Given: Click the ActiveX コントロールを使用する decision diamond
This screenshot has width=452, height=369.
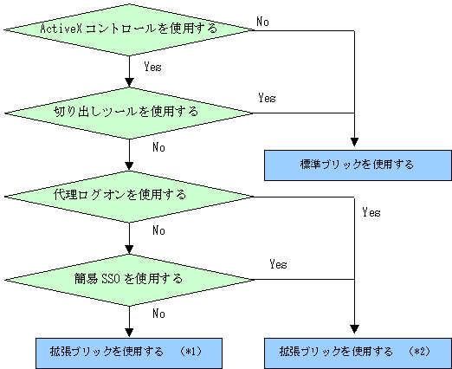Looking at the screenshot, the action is (129, 29).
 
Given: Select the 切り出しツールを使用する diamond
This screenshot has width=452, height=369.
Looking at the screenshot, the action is (129, 113).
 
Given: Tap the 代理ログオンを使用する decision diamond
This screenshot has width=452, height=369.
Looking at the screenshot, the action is (129, 197).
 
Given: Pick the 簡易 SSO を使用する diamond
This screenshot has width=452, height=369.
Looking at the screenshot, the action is (129, 280).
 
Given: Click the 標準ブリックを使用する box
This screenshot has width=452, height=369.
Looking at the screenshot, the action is (358, 165).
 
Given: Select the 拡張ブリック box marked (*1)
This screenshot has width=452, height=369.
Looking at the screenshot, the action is (129, 353).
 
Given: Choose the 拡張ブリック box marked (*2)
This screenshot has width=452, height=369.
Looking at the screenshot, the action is (358, 353).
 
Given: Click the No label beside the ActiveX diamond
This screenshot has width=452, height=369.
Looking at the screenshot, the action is (262, 22).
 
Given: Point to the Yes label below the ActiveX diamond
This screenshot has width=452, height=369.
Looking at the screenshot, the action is (152, 67).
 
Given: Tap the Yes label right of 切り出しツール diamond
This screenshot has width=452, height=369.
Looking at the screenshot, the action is (267, 98).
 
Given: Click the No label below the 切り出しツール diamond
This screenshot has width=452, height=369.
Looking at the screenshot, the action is (158, 147).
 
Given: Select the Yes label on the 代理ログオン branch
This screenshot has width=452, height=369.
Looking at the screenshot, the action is (371, 212).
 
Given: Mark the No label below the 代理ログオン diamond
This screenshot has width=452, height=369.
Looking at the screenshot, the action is (158, 230).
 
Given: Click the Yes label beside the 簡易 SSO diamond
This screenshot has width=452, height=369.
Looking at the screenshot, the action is (278, 264).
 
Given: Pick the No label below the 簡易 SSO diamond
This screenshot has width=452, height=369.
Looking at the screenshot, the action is (158, 314).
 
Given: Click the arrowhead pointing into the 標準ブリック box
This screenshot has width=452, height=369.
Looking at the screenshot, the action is (354, 142).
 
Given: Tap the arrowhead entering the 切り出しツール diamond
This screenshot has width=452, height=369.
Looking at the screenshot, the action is (129, 82).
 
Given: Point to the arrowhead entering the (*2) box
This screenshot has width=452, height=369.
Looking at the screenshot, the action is (354, 329).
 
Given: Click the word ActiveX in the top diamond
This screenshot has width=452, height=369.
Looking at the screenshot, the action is (61, 29).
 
